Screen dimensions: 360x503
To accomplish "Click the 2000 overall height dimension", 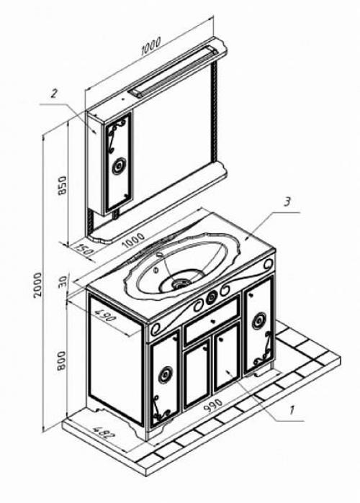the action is [38, 284].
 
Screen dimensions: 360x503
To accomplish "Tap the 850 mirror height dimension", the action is [62, 184].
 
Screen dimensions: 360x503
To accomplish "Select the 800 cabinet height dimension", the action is [61, 361].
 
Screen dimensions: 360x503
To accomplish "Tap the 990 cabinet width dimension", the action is [212, 406].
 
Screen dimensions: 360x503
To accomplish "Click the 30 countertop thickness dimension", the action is [63, 281].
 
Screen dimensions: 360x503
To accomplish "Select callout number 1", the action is [292, 410].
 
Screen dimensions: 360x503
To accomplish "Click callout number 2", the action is [54, 94].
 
